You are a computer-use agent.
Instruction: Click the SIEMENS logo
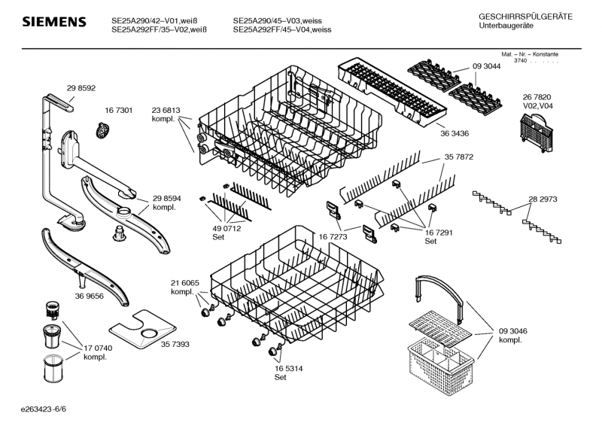coord(54,22)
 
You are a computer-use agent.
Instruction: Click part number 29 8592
coord(81,88)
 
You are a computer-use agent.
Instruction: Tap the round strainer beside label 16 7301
coord(102,130)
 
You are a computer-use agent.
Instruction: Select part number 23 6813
coord(166,110)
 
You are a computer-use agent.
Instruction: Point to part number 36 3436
coord(455,134)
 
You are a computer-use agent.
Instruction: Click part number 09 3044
coord(486,66)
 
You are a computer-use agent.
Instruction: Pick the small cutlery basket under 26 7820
coord(537,133)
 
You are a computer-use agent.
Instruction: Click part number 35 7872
coord(459,157)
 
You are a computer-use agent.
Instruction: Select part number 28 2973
coord(543,199)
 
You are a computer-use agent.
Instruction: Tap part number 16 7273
coord(333,236)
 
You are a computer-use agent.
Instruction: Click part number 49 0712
coord(227,229)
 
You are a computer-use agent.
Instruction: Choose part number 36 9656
coord(89,296)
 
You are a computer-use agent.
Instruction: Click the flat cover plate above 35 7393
coord(142,329)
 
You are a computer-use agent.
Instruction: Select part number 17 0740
coord(98,348)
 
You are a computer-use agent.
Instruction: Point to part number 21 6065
coord(185,283)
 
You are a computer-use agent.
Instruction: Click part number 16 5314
coord(288,369)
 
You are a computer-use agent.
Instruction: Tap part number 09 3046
coord(513,331)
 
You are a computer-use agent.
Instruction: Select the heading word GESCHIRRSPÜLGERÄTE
coord(525,17)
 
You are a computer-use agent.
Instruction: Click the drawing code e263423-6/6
coord(44,409)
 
